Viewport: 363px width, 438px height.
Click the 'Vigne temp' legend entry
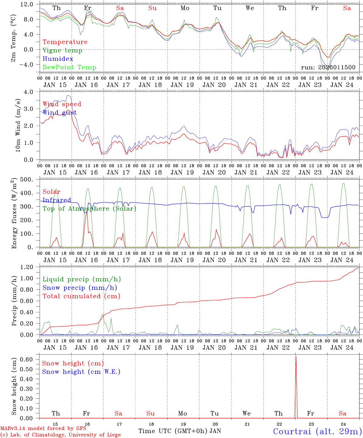tap(62, 50)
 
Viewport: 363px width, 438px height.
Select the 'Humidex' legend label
tap(58, 59)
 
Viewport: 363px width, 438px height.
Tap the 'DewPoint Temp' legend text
tap(69, 68)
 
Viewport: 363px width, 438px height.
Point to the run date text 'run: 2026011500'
tap(328, 68)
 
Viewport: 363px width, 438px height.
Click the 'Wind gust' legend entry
tap(60, 113)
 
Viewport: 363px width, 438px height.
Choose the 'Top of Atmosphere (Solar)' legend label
tap(89, 209)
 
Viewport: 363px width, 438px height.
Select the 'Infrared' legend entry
tap(57, 200)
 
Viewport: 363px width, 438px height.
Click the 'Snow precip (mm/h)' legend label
tap(80, 288)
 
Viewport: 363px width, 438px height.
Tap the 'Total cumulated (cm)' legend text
tap(81, 296)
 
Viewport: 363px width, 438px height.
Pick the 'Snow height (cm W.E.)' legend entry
tap(81, 372)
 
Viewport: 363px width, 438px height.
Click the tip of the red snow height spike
tap(296, 356)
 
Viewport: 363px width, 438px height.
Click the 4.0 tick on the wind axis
tap(32, 92)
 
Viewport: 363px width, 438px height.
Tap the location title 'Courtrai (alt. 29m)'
tap(317, 431)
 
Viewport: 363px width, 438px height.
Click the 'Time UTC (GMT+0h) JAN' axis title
tap(179, 431)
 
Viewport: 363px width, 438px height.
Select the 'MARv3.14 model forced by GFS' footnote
tap(43, 429)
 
